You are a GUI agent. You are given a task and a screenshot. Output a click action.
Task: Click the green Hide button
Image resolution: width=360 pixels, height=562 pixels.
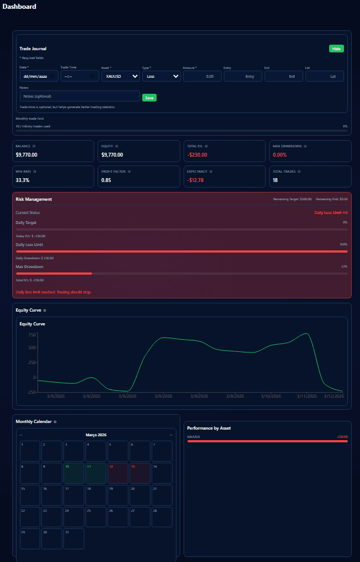click(x=336, y=49)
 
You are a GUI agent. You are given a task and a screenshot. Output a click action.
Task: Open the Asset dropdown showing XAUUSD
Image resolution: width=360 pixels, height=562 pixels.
click(x=120, y=76)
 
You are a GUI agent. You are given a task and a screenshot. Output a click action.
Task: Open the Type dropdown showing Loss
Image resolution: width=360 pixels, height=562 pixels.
click(x=161, y=76)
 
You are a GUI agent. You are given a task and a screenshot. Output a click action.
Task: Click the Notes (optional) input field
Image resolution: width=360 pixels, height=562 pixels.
click(x=79, y=96)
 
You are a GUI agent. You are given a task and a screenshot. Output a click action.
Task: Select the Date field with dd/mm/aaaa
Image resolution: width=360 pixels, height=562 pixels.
click(x=39, y=76)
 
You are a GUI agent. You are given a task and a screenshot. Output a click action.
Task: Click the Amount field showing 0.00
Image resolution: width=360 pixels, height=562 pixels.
click(x=202, y=76)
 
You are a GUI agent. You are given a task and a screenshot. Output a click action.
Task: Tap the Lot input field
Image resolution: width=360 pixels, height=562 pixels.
click(x=324, y=76)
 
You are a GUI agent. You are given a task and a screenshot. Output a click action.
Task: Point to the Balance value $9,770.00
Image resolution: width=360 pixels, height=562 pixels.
click(x=26, y=155)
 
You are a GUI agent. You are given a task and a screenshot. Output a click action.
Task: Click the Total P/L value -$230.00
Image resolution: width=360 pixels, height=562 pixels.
click(x=197, y=155)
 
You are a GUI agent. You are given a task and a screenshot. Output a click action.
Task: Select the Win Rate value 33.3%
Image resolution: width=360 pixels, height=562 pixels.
click(x=23, y=180)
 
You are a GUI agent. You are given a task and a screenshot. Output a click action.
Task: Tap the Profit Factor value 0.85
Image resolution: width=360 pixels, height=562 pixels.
click(x=106, y=180)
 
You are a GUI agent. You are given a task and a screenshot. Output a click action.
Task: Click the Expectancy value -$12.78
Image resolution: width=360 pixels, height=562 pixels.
click(x=196, y=180)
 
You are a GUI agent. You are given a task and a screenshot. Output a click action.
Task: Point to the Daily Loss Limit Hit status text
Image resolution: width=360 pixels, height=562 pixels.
click(x=331, y=212)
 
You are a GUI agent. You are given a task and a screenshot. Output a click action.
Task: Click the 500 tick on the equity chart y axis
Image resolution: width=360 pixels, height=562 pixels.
click(x=32, y=347)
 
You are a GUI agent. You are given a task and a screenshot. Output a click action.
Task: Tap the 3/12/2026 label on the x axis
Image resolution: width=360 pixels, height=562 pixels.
click(x=334, y=396)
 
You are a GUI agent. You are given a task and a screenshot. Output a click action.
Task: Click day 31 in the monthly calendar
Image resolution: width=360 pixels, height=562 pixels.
click(x=74, y=538)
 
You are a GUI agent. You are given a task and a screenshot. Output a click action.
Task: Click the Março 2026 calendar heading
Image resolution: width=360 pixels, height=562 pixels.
click(x=96, y=435)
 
